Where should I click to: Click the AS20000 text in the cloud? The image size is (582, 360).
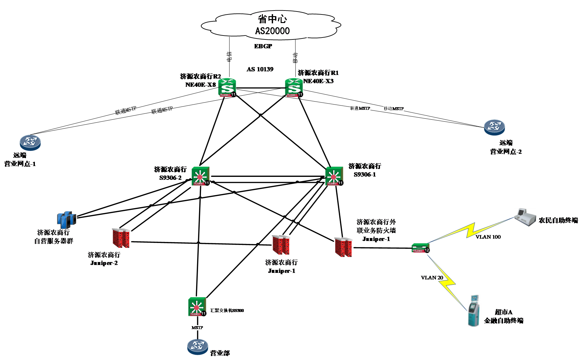coord(272,31)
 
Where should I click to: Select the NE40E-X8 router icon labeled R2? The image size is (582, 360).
coord(227,87)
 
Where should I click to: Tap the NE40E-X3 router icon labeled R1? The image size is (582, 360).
coord(294,87)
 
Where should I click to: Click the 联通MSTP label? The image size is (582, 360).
coord(360,108)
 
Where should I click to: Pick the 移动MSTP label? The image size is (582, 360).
coord(393,108)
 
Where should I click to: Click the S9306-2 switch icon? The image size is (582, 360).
coord(200,176)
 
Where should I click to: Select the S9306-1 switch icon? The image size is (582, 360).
coord(334,176)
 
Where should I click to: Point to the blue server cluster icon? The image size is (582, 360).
coord(66,220)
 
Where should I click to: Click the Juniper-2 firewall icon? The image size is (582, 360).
coord(121,238)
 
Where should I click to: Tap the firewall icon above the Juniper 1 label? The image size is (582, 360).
coord(281,245)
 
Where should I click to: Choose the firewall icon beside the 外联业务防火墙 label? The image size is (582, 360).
coord(343,247)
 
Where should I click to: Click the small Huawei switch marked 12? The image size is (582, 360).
coord(420,248)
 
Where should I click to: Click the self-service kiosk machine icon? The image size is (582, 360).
coord(474,311)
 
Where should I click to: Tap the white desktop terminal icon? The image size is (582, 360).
coord(525,217)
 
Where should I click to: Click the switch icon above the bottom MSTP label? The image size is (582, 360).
coord(197,307)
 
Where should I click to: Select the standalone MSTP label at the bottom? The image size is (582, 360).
coord(197,328)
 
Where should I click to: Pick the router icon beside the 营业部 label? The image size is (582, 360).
coord(198,347)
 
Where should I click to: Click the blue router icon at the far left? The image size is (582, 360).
coord(30,142)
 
